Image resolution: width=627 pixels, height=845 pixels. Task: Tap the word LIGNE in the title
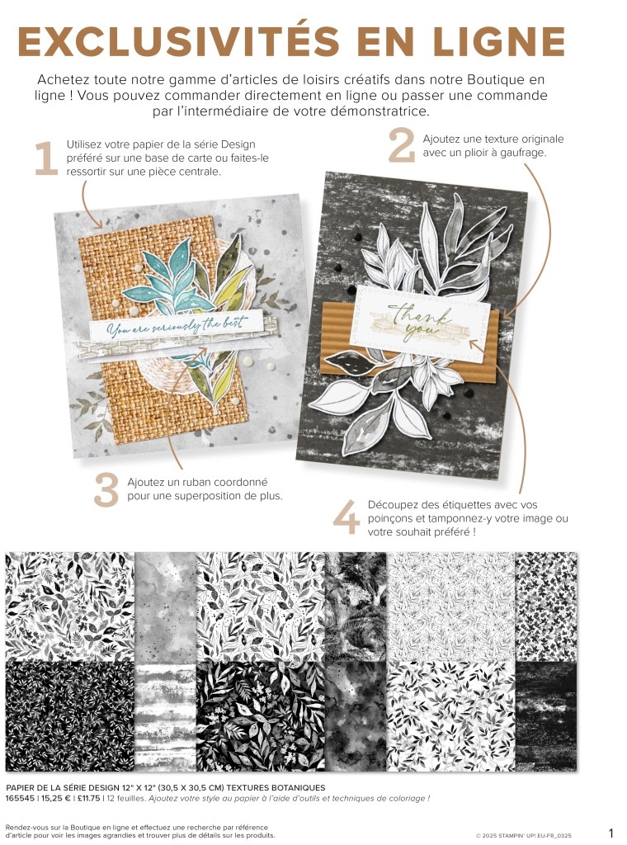[x=499, y=40]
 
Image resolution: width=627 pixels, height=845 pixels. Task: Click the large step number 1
[x=46, y=158]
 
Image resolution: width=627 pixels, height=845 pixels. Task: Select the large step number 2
[x=402, y=145]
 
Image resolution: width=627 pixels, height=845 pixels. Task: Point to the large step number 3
[x=106, y=490]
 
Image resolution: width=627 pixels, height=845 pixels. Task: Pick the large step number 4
[x=346, y=517]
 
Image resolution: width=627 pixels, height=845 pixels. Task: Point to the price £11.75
[x=87, y=798]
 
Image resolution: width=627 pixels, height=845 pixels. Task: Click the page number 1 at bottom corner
[x=610, y=833]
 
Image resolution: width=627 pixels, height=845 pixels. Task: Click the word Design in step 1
[x=238, y=144]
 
